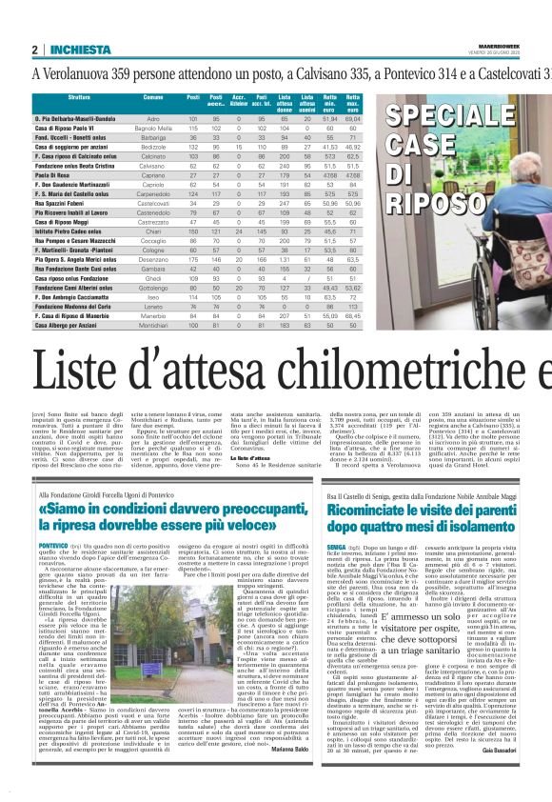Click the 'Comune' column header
[153, 98]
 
